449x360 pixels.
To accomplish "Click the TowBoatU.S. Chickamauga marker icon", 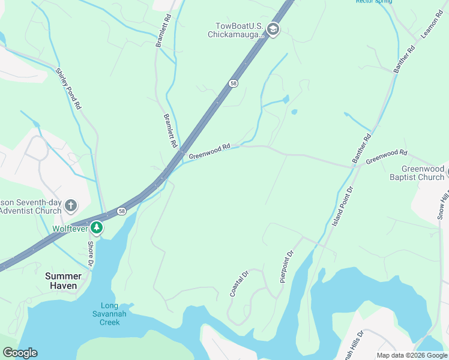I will point(273,29).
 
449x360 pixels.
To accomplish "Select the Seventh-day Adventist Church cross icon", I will point(70,206).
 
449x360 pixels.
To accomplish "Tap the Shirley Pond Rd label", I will point(68,88).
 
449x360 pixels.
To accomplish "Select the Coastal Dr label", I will point(238,284).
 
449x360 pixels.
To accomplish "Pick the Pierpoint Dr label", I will point(288,264).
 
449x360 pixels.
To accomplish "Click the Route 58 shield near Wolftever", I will point(122,211).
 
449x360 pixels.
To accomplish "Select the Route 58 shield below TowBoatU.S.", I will point(234,83).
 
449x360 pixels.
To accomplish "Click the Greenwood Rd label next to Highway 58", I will point(209,151).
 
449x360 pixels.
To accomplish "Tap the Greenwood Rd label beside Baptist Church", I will point(387,157).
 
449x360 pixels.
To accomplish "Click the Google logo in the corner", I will point(20,353).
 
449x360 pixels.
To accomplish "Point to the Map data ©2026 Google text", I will point(411,355).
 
